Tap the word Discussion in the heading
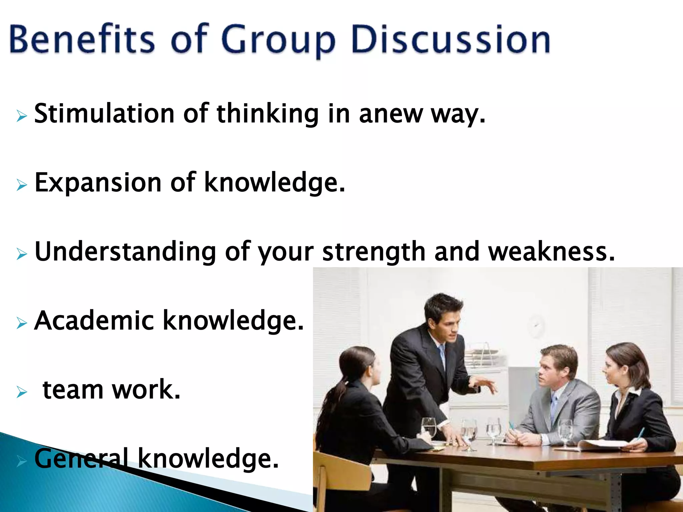point(450,40)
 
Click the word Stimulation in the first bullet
point(104,114)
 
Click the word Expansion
point(98,183)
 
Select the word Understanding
point(125,252)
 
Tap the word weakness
point(552,251)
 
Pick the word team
point(73,390)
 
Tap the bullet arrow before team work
point(21,392)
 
